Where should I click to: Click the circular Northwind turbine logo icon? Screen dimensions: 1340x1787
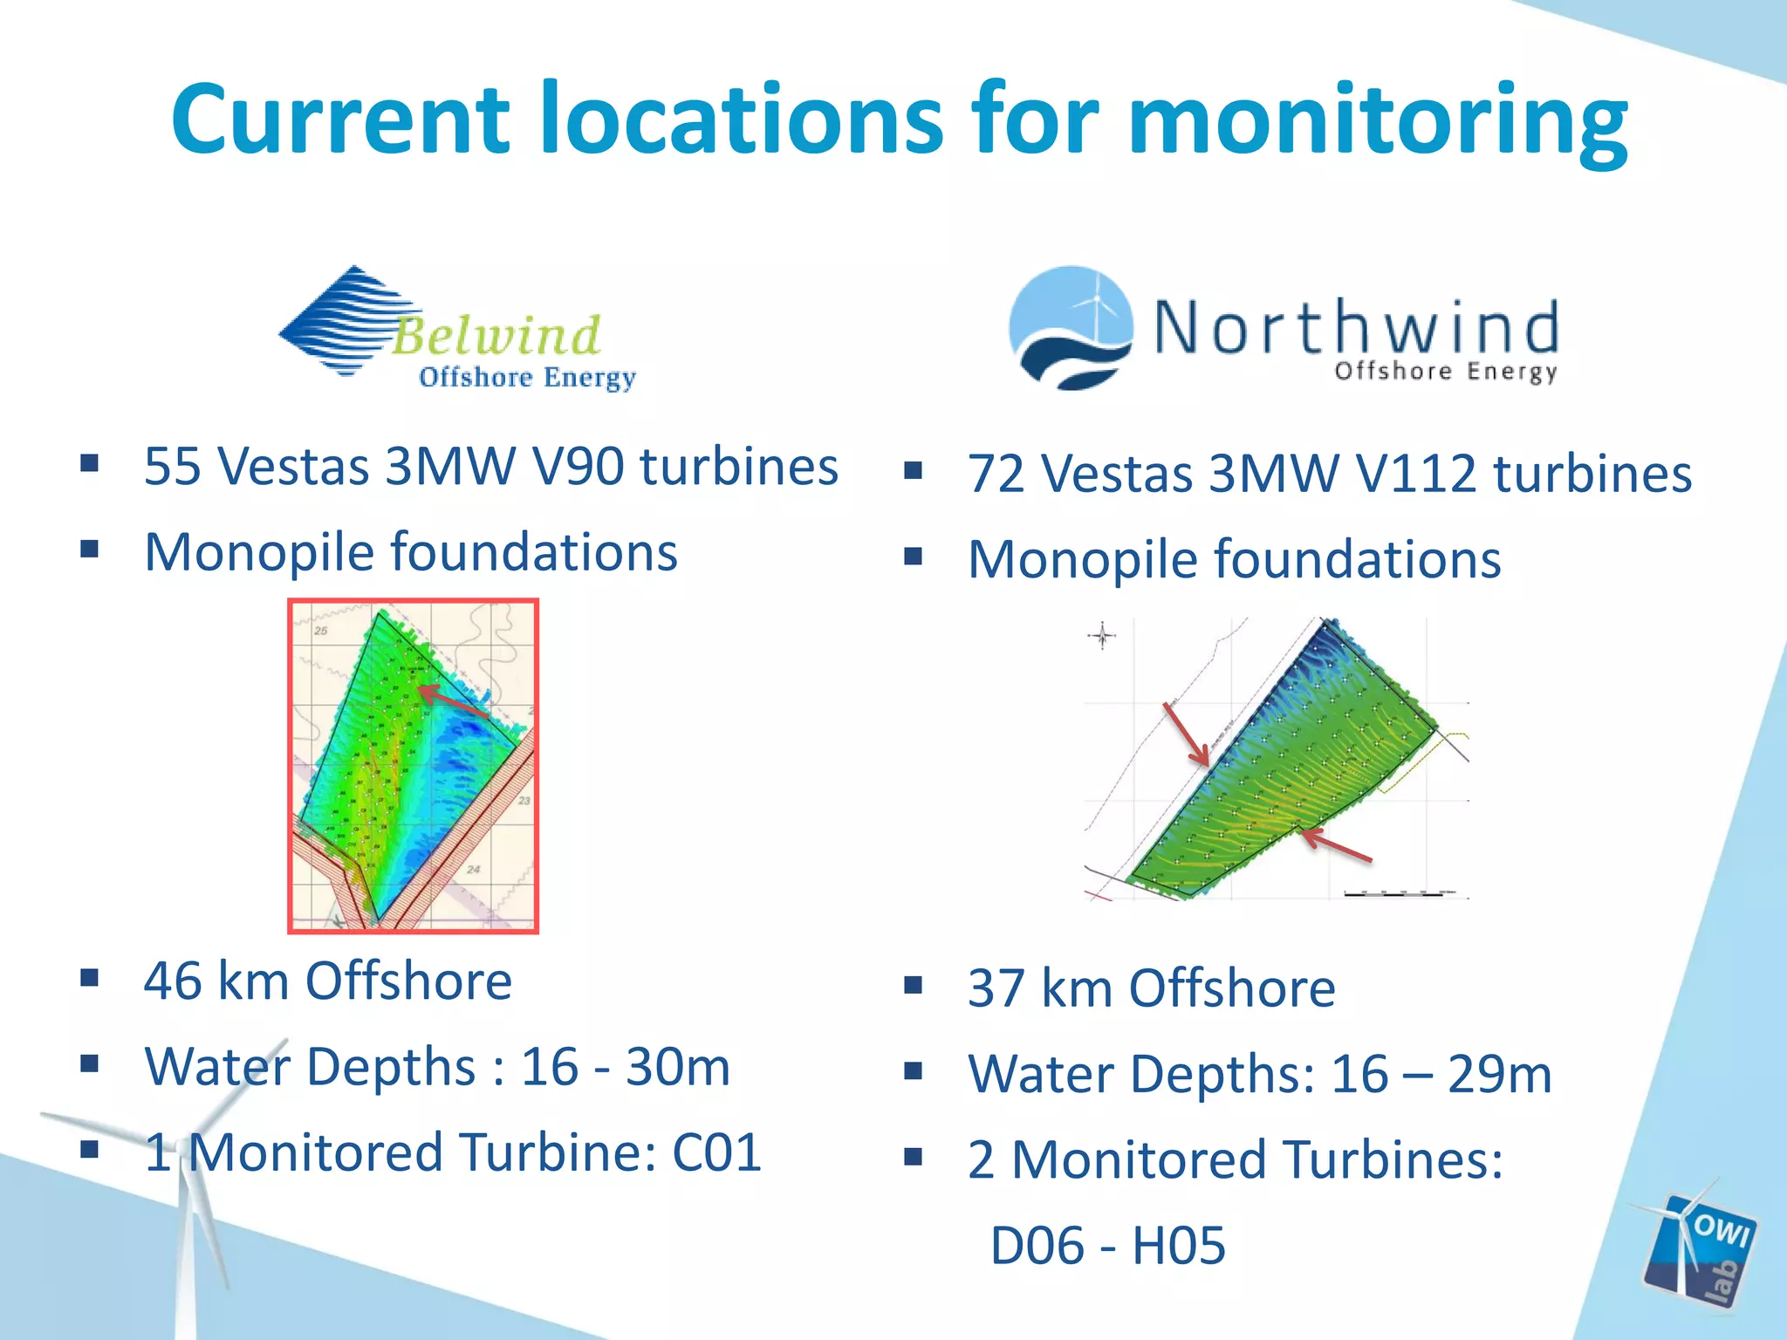[1071, 327]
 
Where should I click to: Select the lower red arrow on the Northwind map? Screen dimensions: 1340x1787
[1335, 845]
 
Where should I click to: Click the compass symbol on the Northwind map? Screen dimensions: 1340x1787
[1102, 635]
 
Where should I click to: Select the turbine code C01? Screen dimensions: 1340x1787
[716, 1152]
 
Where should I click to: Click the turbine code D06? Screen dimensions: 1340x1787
[1036, 1246]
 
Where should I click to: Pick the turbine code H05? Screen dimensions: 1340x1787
[1179, 1246]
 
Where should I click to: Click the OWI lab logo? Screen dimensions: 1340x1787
[1700, 1248]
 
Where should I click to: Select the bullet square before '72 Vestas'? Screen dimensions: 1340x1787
[913, 472]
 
